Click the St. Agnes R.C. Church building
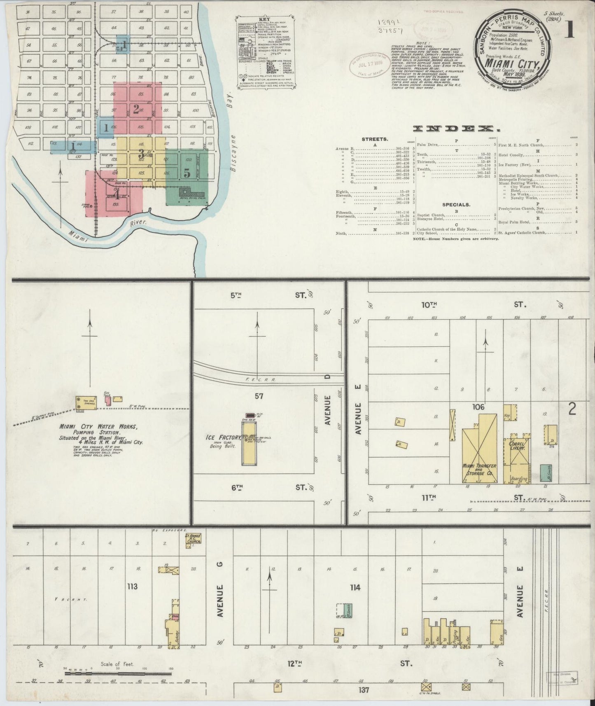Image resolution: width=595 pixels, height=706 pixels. tap(193, 540)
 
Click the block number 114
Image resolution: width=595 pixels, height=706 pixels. tap(355, 587)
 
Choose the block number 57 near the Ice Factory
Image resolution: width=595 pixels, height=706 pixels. tap(259, 396)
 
